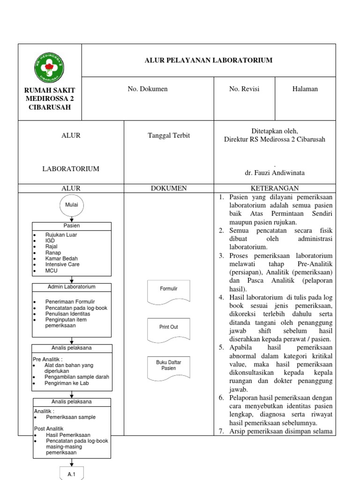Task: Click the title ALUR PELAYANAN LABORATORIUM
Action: [209, 60]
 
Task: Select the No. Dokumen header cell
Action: [148, 89]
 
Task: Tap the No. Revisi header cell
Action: [244, 89]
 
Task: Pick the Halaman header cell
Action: [305, 89]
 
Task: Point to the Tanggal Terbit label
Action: [169, 135]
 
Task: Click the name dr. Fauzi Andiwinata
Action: [275, 172]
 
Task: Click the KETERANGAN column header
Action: [275, 188]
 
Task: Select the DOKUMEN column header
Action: [169, 188]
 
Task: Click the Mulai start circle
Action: [71, 205]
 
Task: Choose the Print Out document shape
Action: [169, 328]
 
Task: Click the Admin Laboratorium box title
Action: [72, 287]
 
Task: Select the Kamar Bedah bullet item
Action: [61, 258]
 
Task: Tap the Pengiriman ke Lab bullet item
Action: [67, 383]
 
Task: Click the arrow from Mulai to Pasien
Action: [71, 218]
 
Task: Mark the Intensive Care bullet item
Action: [62, 264]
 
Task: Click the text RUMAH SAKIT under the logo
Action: [50, 90]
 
